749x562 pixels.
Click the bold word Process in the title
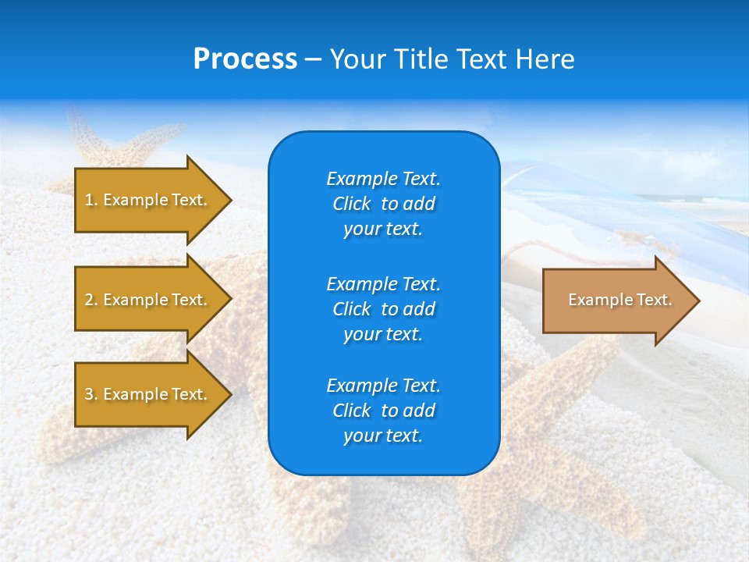click(245, 59)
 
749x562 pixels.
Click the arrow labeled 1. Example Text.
click(148, 200)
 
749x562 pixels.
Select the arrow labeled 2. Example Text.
click(148, 300)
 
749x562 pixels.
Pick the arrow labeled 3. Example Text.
click(148, 394)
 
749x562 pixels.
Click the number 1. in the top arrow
click(91, 200)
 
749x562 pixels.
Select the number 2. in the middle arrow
click(91, 300)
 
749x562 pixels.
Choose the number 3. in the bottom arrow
click(91, 394)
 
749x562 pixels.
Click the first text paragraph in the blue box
click(383, 204)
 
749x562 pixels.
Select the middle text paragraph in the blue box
click(383, 309)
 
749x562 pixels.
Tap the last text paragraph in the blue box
click(383, 411)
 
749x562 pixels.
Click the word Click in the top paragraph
click(351, 204)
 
